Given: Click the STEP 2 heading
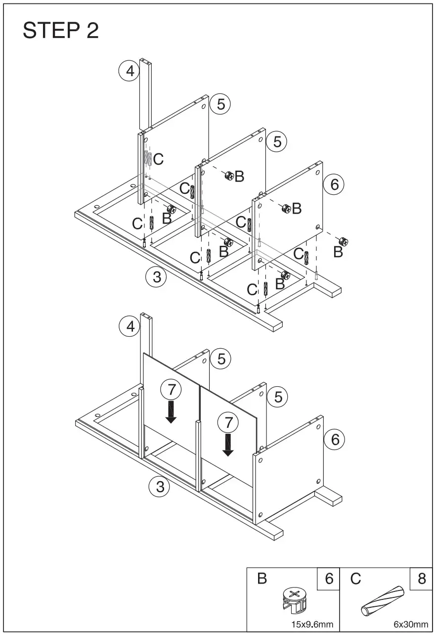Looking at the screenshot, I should click(61, 31).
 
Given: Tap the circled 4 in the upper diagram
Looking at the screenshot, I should click(129, 71).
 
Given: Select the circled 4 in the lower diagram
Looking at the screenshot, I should click(130, 326).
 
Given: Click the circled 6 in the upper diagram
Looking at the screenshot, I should click(334, 185).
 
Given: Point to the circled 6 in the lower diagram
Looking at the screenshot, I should click(335, 439).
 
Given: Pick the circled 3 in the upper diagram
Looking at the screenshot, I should click(157, 277).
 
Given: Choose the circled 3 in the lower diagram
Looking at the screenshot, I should click(159, 487).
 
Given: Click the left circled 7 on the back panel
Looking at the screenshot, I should click(171, 390).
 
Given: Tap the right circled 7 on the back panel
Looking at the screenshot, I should click(228, 423).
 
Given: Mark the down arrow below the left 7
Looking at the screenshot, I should click(171, 412).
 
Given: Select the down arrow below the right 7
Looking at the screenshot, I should click(228, 445).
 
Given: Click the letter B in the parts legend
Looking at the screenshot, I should click(262, 579).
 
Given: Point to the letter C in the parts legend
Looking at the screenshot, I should click(355, 579).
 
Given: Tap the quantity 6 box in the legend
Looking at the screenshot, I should click(329, 579).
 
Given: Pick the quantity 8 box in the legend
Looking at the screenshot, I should click(421, 579).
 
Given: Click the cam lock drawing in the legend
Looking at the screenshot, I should click(294, 599).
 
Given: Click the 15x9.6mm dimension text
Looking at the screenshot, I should click(312, 625).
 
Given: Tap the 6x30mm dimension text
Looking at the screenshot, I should click(410, 625).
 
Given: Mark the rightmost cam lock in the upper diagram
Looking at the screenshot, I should click(343, 242).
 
